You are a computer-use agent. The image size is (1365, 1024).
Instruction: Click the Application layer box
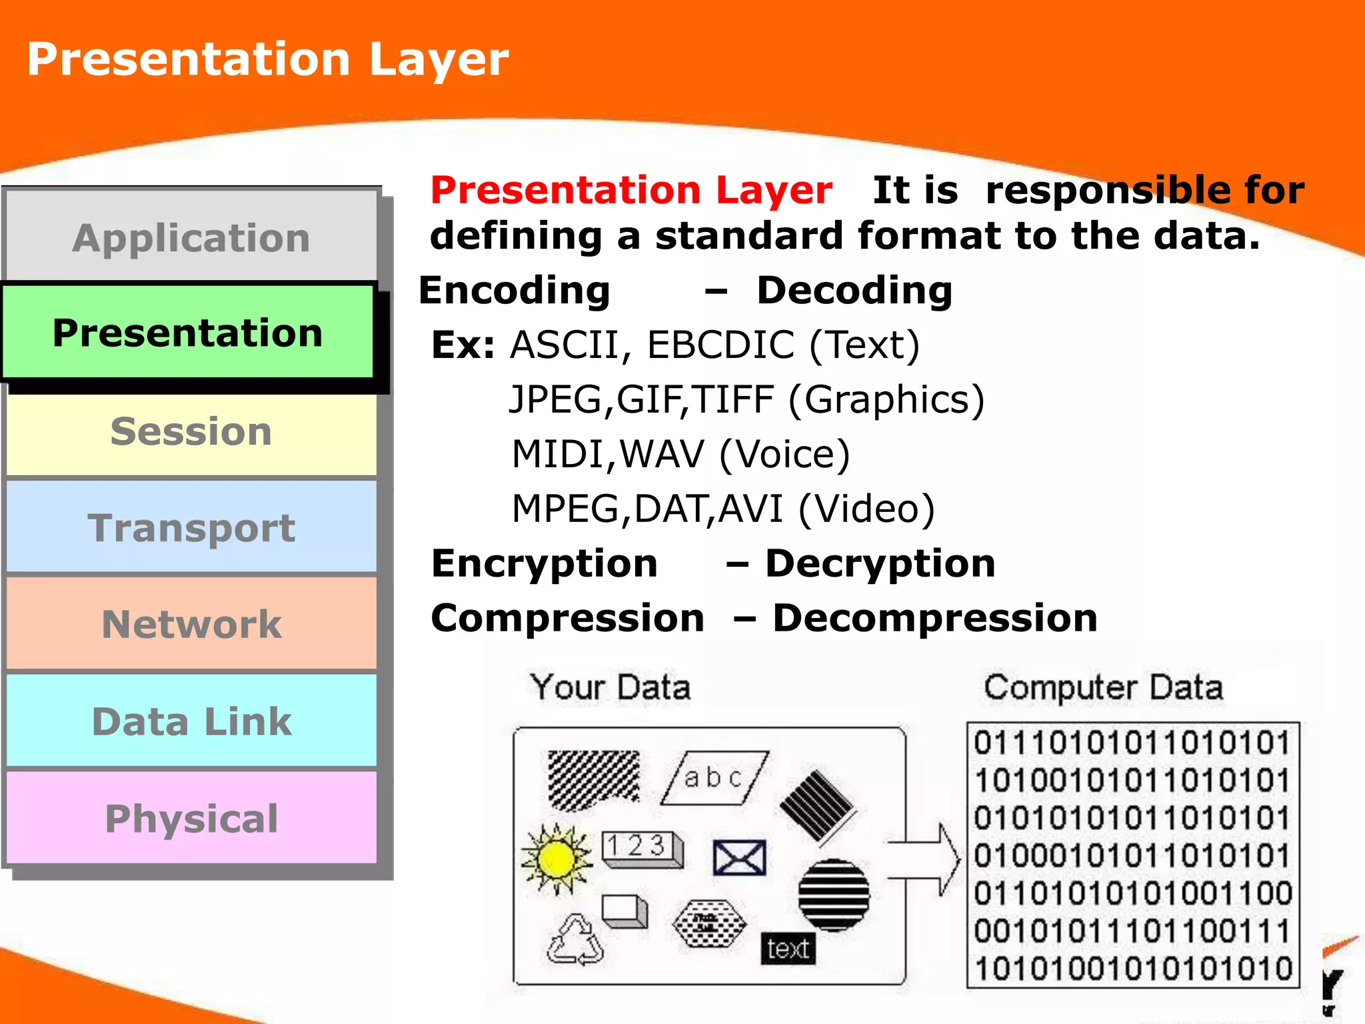click(x=191, y=237)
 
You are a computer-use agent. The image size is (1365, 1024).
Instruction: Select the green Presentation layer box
click(x=188, y=333)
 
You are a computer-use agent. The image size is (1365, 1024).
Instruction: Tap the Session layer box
click(x=191, y=431)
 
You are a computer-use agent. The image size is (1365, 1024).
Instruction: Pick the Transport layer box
click(x=191, y=528)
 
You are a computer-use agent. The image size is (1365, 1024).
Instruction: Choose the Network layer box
click(x=191, y=624)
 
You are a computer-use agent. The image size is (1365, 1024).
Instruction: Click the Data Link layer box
click(x=191, y=721)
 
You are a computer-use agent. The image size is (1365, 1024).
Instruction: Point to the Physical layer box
click(x=191, y=819)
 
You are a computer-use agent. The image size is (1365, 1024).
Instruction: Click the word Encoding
click(x=514, y=291)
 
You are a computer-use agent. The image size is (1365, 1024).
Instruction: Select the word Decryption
click(x=880, y=564)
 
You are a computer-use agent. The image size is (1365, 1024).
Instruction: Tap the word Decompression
click(x=934, y=619)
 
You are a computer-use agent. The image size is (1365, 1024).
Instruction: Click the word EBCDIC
click(x=720, y=345)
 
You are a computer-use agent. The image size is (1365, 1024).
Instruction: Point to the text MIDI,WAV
click(x=607, y=455)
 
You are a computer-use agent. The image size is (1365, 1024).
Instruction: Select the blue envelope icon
click(x=739, y=857)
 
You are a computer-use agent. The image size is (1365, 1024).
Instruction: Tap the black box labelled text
click(x=787, y=948)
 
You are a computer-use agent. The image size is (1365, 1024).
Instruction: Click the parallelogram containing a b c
click(x=714, y=778)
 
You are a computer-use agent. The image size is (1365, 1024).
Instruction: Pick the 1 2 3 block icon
click(x=641, y=848)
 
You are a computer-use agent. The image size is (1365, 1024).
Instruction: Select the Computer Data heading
click(x=1103, y=687)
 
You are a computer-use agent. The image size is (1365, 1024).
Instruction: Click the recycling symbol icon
click(x=575, y=941)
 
